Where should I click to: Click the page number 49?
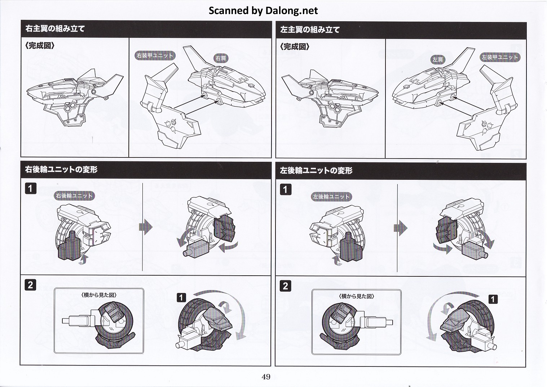[x=266, y=377]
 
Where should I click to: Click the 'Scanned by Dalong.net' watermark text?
[x=263, y=10]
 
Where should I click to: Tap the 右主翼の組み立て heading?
[x=55, y=29]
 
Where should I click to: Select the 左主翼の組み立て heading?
[x=310, y=30]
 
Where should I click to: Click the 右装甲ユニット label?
[x=155, y=55]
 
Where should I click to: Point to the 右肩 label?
[x=221, y=58]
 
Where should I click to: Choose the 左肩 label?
[x=437, y=60]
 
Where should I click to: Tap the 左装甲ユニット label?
[x=500, y=57]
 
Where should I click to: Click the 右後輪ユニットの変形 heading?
[x=61, y=170]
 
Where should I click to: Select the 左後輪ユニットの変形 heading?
[x=316, y=171]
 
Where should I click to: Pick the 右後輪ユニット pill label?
[x=74, y=196]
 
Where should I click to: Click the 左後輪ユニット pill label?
[x=331, y=197]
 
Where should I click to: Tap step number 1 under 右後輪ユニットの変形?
[x=31, y=188]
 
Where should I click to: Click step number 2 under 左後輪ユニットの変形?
[x=285, y=286]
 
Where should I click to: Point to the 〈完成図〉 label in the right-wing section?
[x=40, y=46]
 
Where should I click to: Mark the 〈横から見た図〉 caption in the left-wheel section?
[x=357, y=296]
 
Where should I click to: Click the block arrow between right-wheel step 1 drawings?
[x=146, y=227]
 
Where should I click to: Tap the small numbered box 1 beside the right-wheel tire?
[x=181, y=297]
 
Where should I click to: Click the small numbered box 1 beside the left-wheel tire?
[x=493, y=299]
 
